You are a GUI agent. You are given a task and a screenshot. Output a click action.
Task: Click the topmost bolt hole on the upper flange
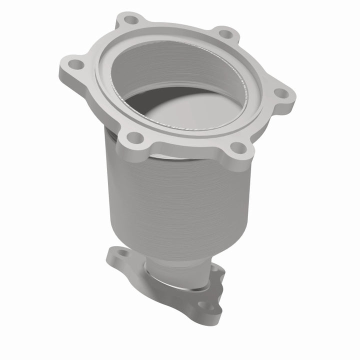coord(131,20)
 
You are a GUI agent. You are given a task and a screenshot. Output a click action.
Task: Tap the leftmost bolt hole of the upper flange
coord(75,64)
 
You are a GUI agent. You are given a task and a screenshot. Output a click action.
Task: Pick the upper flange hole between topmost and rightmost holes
coord(226,34)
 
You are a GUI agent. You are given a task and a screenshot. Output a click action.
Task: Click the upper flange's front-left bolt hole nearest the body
coord(132,136)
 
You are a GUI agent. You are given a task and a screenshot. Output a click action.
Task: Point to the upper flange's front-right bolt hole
coord(239,147)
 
